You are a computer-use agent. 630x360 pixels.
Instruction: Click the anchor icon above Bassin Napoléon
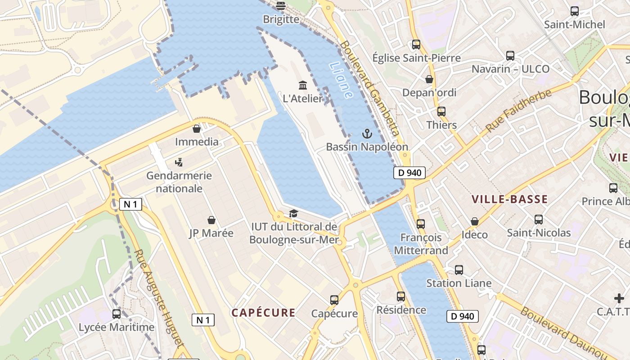pos(368,134)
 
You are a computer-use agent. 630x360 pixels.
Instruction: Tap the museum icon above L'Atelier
pos(303,85)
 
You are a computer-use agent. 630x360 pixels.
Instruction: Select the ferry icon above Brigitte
pos(281,6)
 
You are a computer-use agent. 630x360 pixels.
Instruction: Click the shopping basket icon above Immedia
pos(197,129)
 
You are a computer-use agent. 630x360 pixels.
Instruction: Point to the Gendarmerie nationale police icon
pos(179,162)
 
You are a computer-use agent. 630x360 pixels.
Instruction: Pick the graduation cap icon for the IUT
pos(293,213)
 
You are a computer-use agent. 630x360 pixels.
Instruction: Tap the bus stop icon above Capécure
pos(334,300)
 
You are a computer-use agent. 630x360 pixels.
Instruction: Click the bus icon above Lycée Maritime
pos(117,314)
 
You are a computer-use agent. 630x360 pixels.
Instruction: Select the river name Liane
pos(341,80)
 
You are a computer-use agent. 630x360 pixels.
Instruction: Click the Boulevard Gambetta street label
pos(370,88)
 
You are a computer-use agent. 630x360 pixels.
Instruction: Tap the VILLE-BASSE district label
pos(509,199)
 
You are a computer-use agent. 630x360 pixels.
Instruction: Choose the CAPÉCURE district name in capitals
pos(263,313)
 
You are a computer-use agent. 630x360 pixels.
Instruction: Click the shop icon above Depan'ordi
pos(429,79)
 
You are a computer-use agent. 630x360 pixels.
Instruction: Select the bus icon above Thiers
pos(441,111)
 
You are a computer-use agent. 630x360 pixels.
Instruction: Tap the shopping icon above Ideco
pos(474,221)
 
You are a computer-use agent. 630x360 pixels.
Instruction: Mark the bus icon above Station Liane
pos(459,270)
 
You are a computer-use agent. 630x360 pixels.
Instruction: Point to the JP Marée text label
pos(211,233)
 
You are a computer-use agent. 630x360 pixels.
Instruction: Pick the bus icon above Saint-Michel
pos(575,11)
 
